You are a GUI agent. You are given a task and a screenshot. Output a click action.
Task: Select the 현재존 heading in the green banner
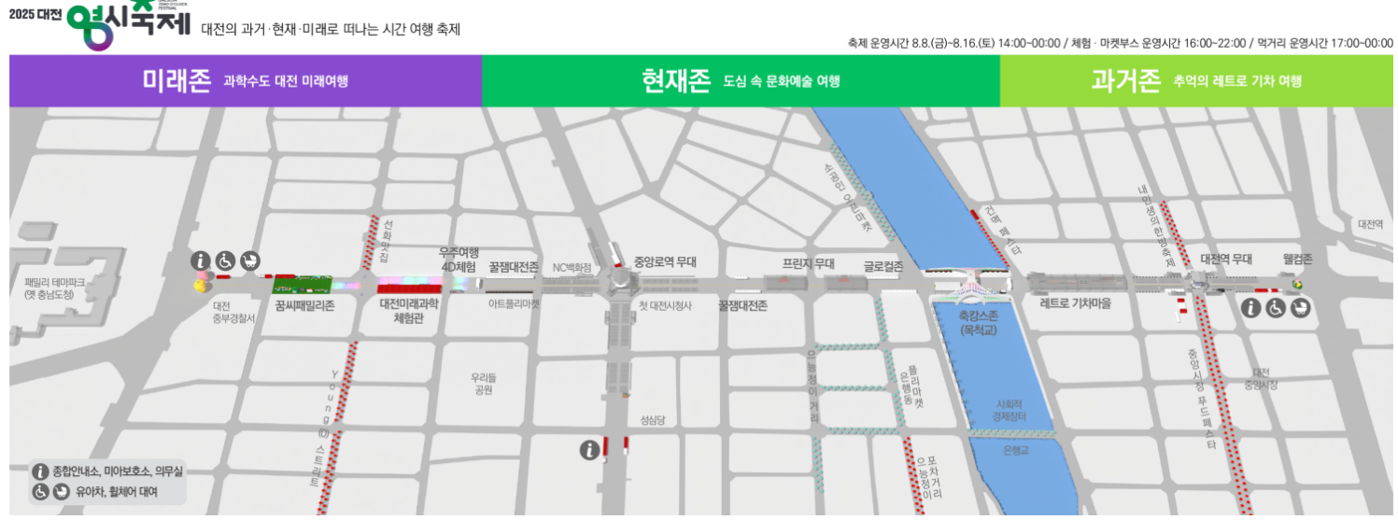point(676,80)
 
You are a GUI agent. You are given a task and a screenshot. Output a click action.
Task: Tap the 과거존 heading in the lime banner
point(1124,80)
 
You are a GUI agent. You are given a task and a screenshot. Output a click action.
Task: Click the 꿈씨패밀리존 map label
point(304,304)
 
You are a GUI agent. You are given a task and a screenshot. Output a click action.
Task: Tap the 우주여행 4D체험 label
point(459,260)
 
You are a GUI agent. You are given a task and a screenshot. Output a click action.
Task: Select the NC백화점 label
point(572,267)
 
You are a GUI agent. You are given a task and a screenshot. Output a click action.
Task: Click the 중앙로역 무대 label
point(665,262)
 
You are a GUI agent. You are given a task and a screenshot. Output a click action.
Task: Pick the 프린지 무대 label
point(808,264)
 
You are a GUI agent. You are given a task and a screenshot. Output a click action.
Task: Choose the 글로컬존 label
point(883,266)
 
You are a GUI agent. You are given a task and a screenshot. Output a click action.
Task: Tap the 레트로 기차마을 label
point(1076,302)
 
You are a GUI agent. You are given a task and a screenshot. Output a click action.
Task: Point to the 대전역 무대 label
point(1225,259)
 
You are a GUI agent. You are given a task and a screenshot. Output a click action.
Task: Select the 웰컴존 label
point(1297,259)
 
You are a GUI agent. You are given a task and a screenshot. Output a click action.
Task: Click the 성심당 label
point(652,420)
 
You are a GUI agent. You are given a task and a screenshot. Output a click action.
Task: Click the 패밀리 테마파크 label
point(55,288)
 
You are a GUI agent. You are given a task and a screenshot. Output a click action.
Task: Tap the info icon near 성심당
point(588,451)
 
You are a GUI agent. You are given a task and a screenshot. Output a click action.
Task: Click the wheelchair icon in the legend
point(41,491)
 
